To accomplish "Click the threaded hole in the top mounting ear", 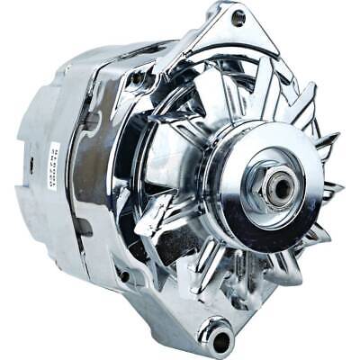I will (x=238, y=16).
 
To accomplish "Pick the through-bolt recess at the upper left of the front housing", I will (x=138, y=80).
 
